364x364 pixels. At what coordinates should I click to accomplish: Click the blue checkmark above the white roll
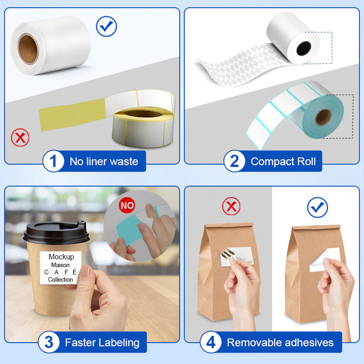(106, 26)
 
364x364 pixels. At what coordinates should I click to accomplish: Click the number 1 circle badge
(53, 162)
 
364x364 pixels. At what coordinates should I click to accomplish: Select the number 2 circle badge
(234, 162)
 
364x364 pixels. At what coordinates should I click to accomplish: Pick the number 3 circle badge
(49, 343)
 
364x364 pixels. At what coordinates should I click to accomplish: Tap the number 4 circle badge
(211, 343)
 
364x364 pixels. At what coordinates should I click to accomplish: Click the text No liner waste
(104, 162)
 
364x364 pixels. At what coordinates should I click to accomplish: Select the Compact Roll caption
(283, 162)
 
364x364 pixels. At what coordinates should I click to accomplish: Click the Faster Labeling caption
(102, 343)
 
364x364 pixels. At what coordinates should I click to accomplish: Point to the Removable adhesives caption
(280, 343)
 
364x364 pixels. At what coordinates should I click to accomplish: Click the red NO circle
(127, 205)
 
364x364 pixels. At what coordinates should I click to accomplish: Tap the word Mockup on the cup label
(61, 257)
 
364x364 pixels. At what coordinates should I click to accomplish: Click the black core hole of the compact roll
(303, 48)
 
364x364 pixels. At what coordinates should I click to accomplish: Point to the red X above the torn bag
(231, 207)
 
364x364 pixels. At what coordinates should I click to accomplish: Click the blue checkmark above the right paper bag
(317, 207)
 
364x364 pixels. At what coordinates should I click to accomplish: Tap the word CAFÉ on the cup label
(61, 272)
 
